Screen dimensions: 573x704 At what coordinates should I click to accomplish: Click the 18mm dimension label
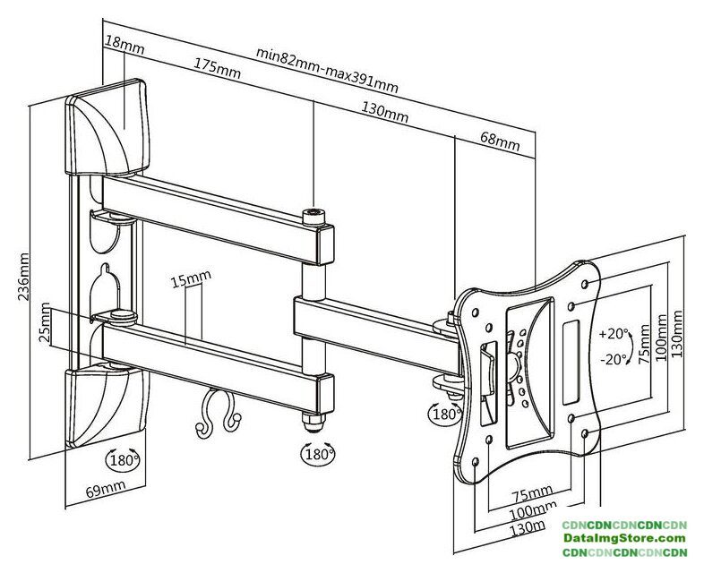[x=124, y=41]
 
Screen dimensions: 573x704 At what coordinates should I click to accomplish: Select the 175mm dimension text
[x=216, y=67]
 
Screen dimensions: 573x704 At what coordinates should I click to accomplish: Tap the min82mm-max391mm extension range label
[x=327, y=69]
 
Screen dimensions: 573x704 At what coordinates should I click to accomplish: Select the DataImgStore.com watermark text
[x=623, y=538]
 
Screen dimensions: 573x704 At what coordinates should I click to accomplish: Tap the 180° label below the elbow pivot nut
[x=316, y=454]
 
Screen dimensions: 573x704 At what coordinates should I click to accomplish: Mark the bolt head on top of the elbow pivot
[x=313, y=215]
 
